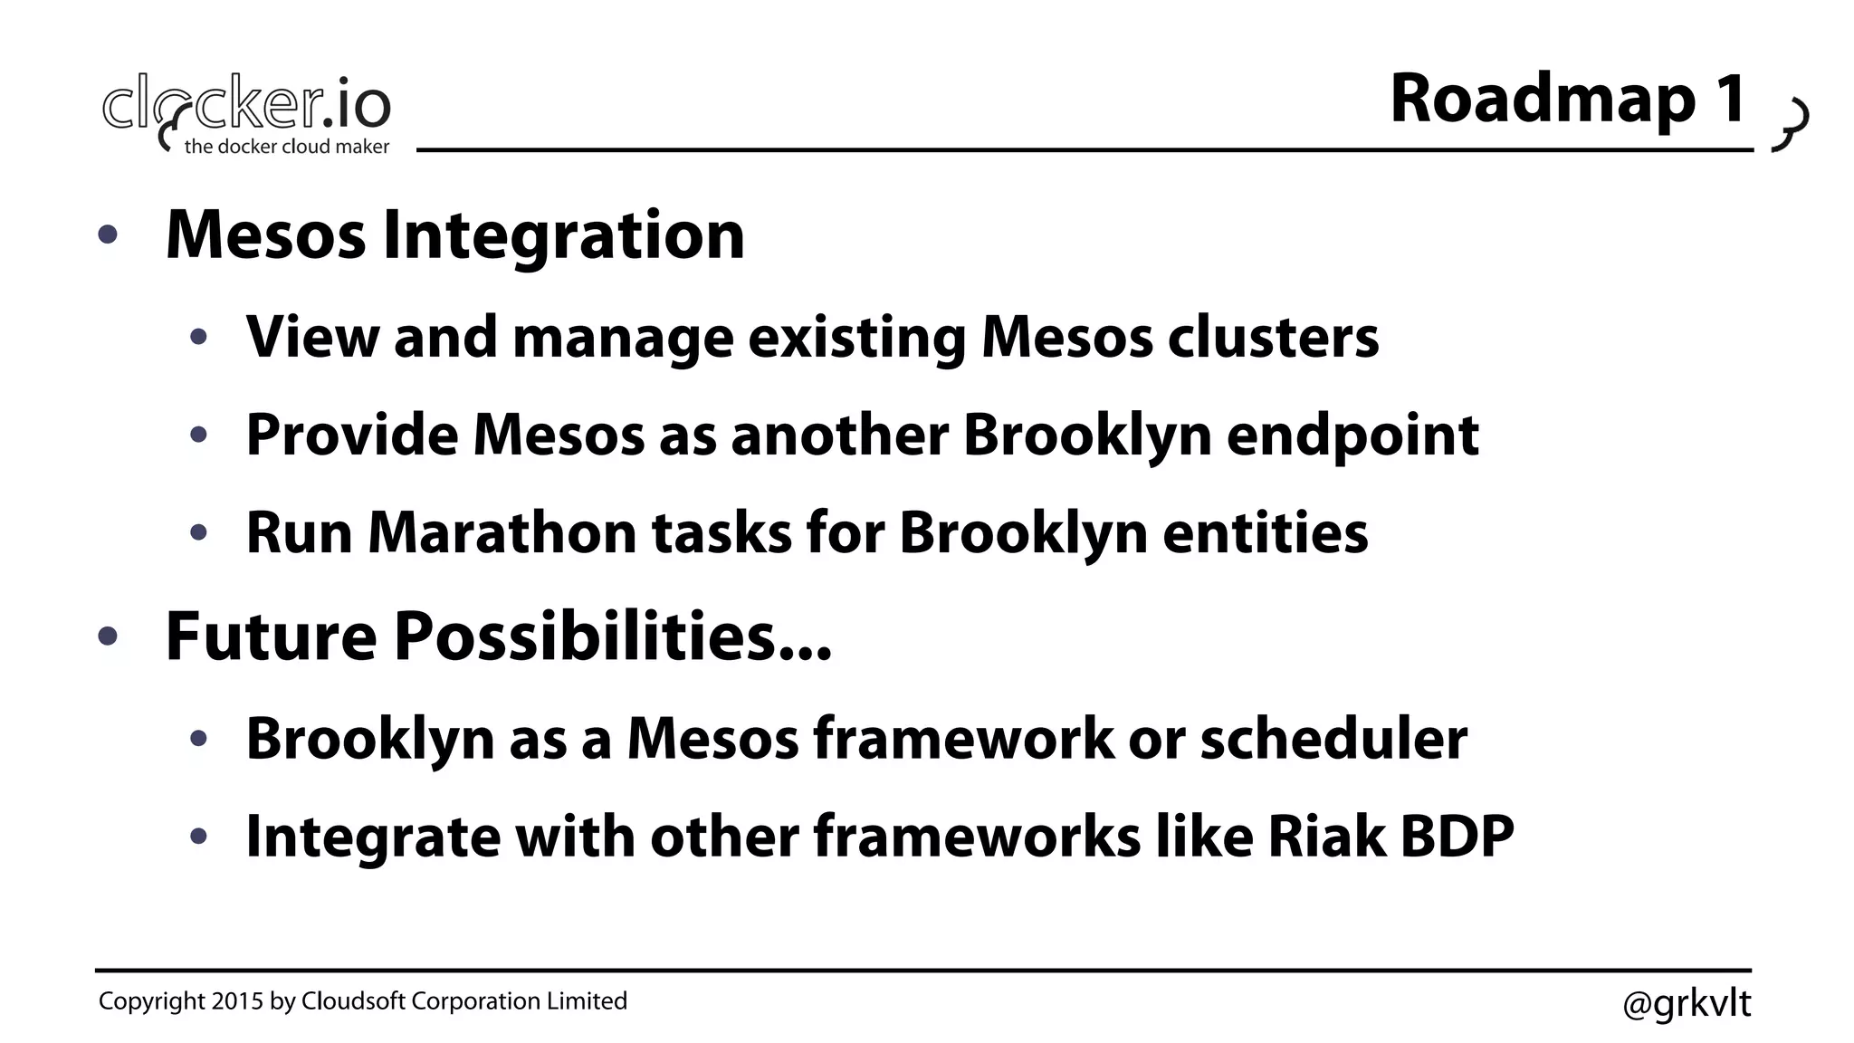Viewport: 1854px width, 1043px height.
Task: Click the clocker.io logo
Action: point(246,104)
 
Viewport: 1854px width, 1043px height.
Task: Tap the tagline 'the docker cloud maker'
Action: point(286,147)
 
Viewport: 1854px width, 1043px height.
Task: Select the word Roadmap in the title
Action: point(1543,100)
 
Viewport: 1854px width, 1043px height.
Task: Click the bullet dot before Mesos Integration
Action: point(108,235)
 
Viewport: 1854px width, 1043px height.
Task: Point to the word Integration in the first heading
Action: point(563,235)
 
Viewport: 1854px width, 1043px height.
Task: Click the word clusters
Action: point(1273,337)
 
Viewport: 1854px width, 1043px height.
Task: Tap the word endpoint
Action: point(1352,435)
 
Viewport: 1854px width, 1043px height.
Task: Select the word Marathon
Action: point(502,532)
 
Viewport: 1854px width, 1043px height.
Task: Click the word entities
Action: point(1265,532)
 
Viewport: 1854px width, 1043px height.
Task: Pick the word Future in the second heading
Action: point(271,636)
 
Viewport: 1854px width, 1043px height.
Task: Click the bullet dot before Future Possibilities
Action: point(108,636)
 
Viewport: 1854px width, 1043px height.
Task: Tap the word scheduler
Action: point(1333,739)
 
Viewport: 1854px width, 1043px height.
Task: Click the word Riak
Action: point(1326,836)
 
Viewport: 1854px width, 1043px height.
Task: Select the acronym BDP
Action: point(1457,836)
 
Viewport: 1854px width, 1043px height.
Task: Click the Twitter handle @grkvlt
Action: point(1686,1003)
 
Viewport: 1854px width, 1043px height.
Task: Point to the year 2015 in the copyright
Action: point(237,1001)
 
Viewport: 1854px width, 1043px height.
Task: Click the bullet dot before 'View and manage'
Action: point(199,338)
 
